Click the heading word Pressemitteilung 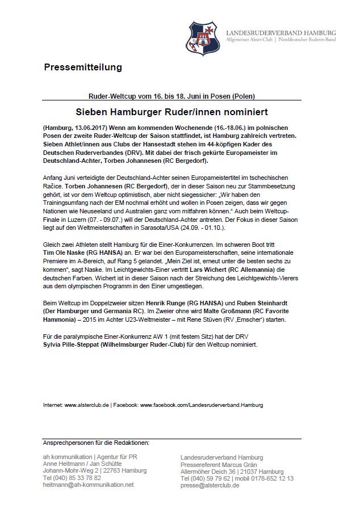click(82, 68)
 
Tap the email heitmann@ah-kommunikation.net click(88, 485)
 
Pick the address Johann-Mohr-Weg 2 click(71, 471)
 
